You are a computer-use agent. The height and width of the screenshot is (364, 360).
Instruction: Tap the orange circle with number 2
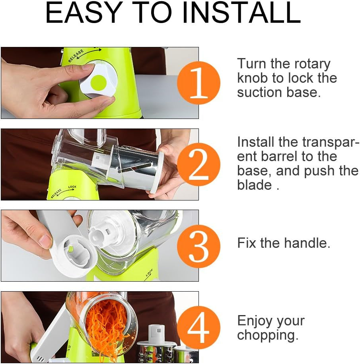click(x=198, y=164)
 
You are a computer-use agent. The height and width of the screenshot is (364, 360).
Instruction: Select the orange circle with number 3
click(x=198, y=245)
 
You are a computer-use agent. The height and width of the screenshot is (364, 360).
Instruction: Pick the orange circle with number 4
click(x=198, y=327)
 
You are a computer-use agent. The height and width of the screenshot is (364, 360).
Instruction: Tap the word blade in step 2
click(x=255, y=185)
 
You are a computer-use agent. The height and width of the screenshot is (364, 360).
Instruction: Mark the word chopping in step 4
click(x=267, y=335)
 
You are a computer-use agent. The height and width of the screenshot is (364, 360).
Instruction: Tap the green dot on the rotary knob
click(x=98, y=83)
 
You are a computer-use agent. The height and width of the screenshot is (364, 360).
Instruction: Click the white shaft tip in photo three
click(x=99, y=235)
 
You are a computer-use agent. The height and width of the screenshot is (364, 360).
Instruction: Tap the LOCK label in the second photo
click(x=72, y=187)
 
